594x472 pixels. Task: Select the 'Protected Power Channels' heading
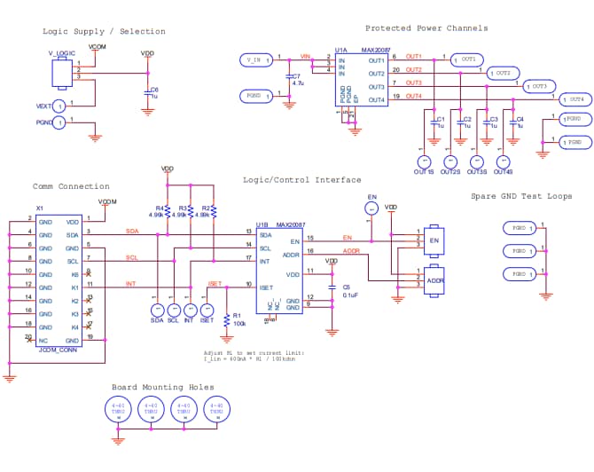click(426, 28)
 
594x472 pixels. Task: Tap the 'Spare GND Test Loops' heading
click(520, 196)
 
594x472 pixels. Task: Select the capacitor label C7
click(295, 76)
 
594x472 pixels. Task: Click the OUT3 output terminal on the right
click(538, 86)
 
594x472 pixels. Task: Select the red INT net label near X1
click(130, 284)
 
